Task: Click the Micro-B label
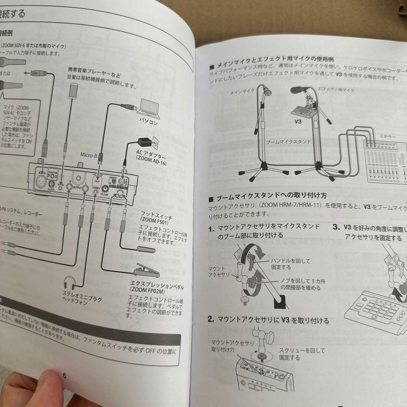(x=89, y=155)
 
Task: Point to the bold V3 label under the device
(x=298, y=122)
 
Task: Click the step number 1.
(x=212, y=229)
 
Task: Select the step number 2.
(x=211, y=320)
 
